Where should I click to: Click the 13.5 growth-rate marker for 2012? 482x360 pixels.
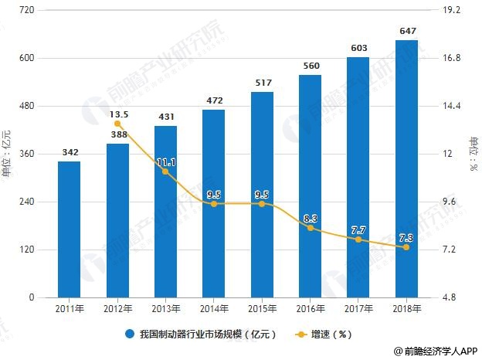[117, 124]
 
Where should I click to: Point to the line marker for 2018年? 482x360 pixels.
[406, 247]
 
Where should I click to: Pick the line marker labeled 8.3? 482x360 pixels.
[310, 228]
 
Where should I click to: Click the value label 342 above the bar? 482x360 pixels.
[69, 152]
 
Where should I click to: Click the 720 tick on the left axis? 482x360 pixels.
[26, 10]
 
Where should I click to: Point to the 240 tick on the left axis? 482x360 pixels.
[26, 202]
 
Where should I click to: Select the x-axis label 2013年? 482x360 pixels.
[165, 309]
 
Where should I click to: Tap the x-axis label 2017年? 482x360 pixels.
[358, 309]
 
